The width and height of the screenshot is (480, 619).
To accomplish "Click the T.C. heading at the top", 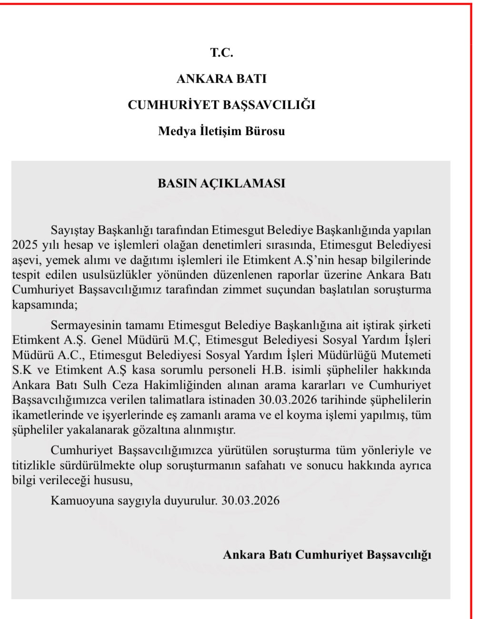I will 221,53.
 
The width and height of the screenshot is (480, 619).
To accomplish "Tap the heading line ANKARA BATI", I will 221,78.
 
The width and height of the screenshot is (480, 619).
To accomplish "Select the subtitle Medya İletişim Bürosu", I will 221,131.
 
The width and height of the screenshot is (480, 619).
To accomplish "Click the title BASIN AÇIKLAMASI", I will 221,184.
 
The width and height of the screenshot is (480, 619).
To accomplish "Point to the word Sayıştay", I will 72,230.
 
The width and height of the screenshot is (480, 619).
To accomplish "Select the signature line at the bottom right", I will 327,554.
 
